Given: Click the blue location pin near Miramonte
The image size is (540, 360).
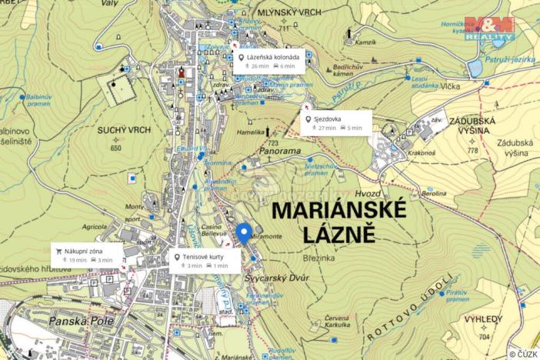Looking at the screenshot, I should (x=243, y=233).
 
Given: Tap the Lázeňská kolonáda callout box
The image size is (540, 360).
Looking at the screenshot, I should (x=269, y=62).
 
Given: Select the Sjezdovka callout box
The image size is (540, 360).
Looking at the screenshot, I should (x=336, y=122).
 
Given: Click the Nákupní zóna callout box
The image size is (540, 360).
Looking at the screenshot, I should (x=88, y=255).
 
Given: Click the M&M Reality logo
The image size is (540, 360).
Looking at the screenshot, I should (x=490, y=28).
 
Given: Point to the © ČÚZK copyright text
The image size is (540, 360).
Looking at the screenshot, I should (x=523, y=353).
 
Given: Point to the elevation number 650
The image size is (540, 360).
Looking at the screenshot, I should (x=116, y=147).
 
